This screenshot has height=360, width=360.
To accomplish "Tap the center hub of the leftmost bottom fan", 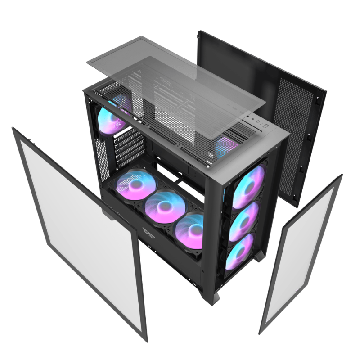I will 133,185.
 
